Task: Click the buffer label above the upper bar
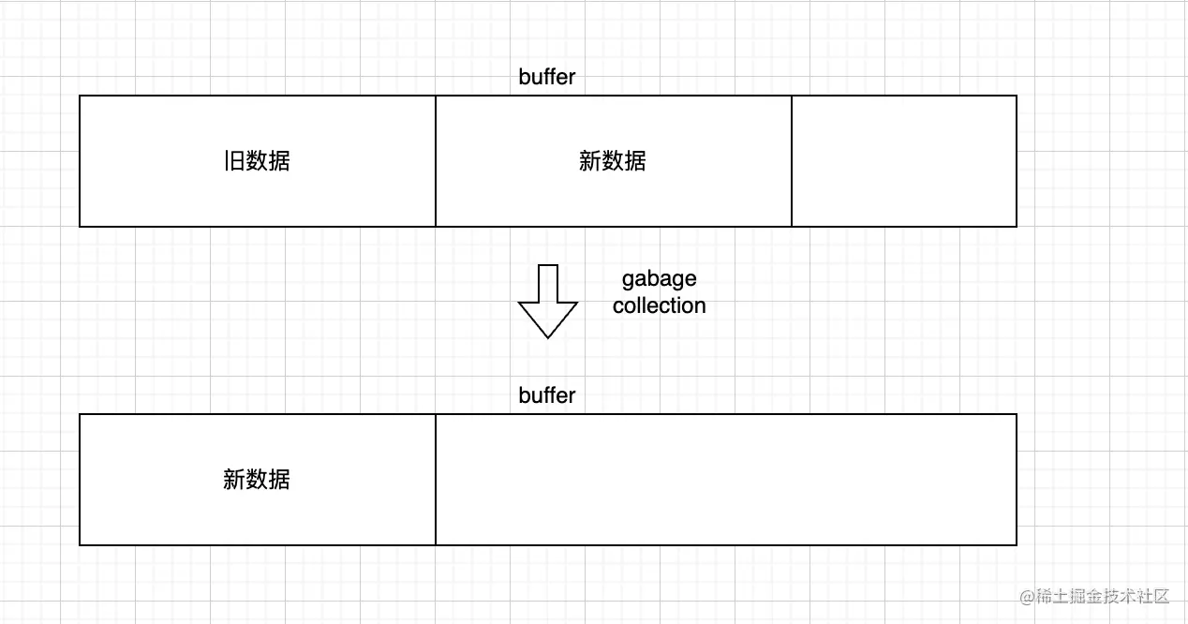point(547,77)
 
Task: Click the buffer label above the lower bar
point(547,395)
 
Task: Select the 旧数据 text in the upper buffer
point(257,161)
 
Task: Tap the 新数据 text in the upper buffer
point(613,161)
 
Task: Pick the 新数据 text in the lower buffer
point(257,480)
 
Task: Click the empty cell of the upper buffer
point(904,161)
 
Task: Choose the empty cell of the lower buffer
point(726,480)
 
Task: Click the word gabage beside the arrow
point(660,279)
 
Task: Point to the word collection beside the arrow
point(660,305)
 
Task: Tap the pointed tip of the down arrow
point(548,335)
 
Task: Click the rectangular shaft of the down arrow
point(548,282)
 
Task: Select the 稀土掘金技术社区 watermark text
point(1095,597)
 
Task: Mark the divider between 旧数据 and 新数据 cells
point(436,161)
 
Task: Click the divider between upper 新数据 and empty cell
point(792,161)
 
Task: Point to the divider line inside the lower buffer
point(436,480)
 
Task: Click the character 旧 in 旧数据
point(233,161)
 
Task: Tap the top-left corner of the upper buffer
point(80,96)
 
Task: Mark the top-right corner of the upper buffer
point(1017,96)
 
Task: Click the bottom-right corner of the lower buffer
point(1017,544)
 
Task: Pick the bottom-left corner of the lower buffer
point(80,544)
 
